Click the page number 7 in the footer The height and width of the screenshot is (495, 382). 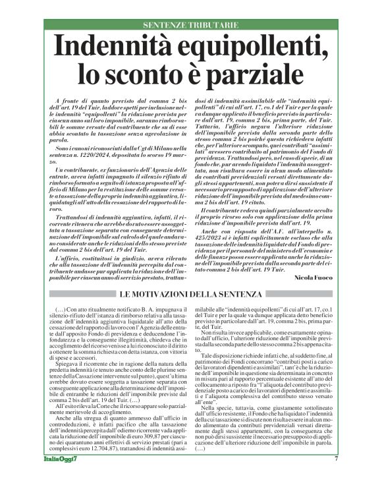click(336, 477)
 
